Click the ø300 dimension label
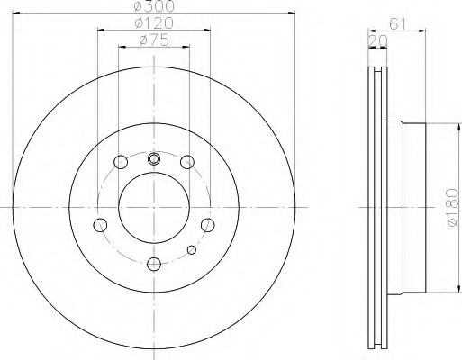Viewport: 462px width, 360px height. click(x=154, y=6)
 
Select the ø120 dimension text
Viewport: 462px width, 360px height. click(x=154, y=22)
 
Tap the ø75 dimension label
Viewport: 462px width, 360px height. click(x=154, y=40)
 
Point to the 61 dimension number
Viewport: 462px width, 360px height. click(x=397, y=24)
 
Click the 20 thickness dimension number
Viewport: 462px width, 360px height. click(x=377, y=41)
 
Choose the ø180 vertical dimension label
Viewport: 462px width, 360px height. click(x=452, y=207)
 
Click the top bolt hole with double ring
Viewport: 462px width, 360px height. click(x=154, y=159)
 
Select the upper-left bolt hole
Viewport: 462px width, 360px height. click(x=121, y=162)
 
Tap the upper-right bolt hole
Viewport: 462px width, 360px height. click(x=187, y=162)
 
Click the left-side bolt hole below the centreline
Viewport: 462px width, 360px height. click(x=100, y=225)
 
